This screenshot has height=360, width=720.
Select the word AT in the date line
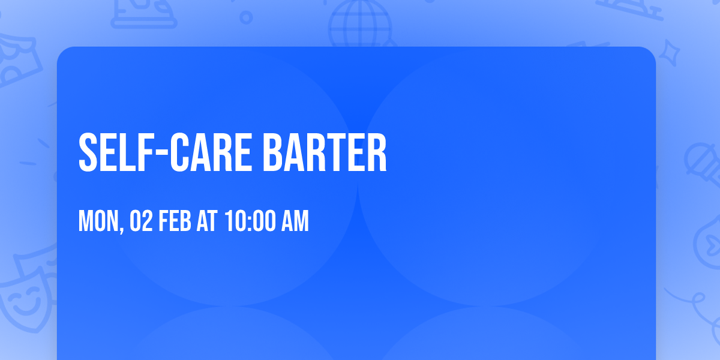206,222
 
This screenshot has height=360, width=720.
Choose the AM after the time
295,222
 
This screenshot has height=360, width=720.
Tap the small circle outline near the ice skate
246,17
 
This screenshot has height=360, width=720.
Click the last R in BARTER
376,153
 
